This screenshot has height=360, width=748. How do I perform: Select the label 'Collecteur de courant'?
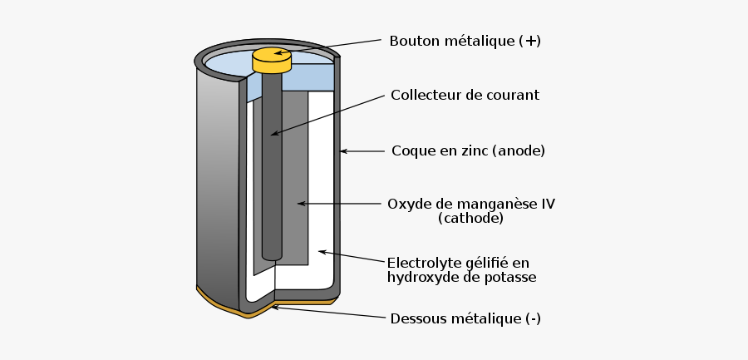[465, 95]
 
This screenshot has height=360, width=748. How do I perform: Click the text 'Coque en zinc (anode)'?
[468, 150]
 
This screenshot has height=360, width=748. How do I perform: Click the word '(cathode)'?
[470, 219]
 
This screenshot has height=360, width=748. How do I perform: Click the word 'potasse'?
[512, 277]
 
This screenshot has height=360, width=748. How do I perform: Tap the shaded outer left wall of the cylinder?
[216, 183]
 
